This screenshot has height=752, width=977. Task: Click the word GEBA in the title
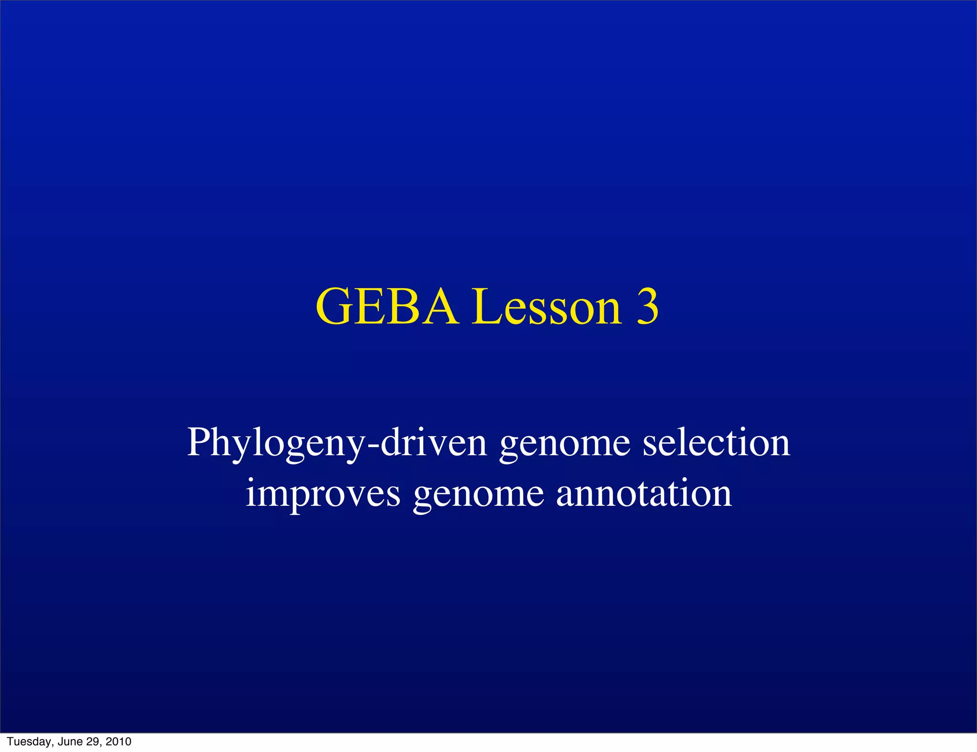pos(386,307)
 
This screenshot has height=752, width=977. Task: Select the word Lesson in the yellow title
pos(547,307)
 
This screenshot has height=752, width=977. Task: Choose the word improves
pos(322,494)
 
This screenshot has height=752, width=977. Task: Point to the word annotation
pos(644,493)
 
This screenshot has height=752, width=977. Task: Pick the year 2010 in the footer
pos(118,742)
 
